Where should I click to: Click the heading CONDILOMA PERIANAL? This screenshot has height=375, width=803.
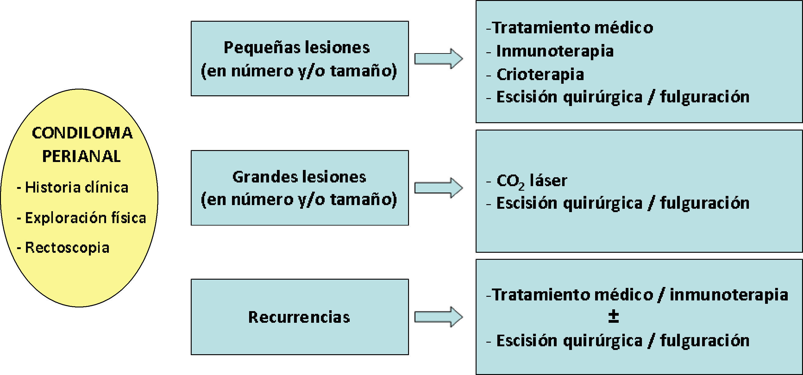[82, 144]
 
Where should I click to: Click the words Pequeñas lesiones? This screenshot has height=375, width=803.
[297, 48]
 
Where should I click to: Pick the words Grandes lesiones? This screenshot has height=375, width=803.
[299, 177]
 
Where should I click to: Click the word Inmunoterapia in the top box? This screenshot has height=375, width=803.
[555, 51]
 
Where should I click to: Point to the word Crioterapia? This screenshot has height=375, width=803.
[540, 75]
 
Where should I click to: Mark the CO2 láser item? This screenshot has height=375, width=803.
[532, 181]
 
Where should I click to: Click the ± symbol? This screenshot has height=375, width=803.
[613, 317]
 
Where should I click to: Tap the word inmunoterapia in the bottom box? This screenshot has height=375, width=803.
[729, 295]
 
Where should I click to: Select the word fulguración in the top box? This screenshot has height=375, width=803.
[705, 97]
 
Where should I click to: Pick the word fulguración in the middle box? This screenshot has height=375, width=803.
[705, 203]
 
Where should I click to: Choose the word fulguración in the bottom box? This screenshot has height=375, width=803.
[705, 340]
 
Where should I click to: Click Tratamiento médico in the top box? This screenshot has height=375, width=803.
[573, 28]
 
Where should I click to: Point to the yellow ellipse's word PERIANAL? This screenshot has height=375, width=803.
[81, 156]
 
